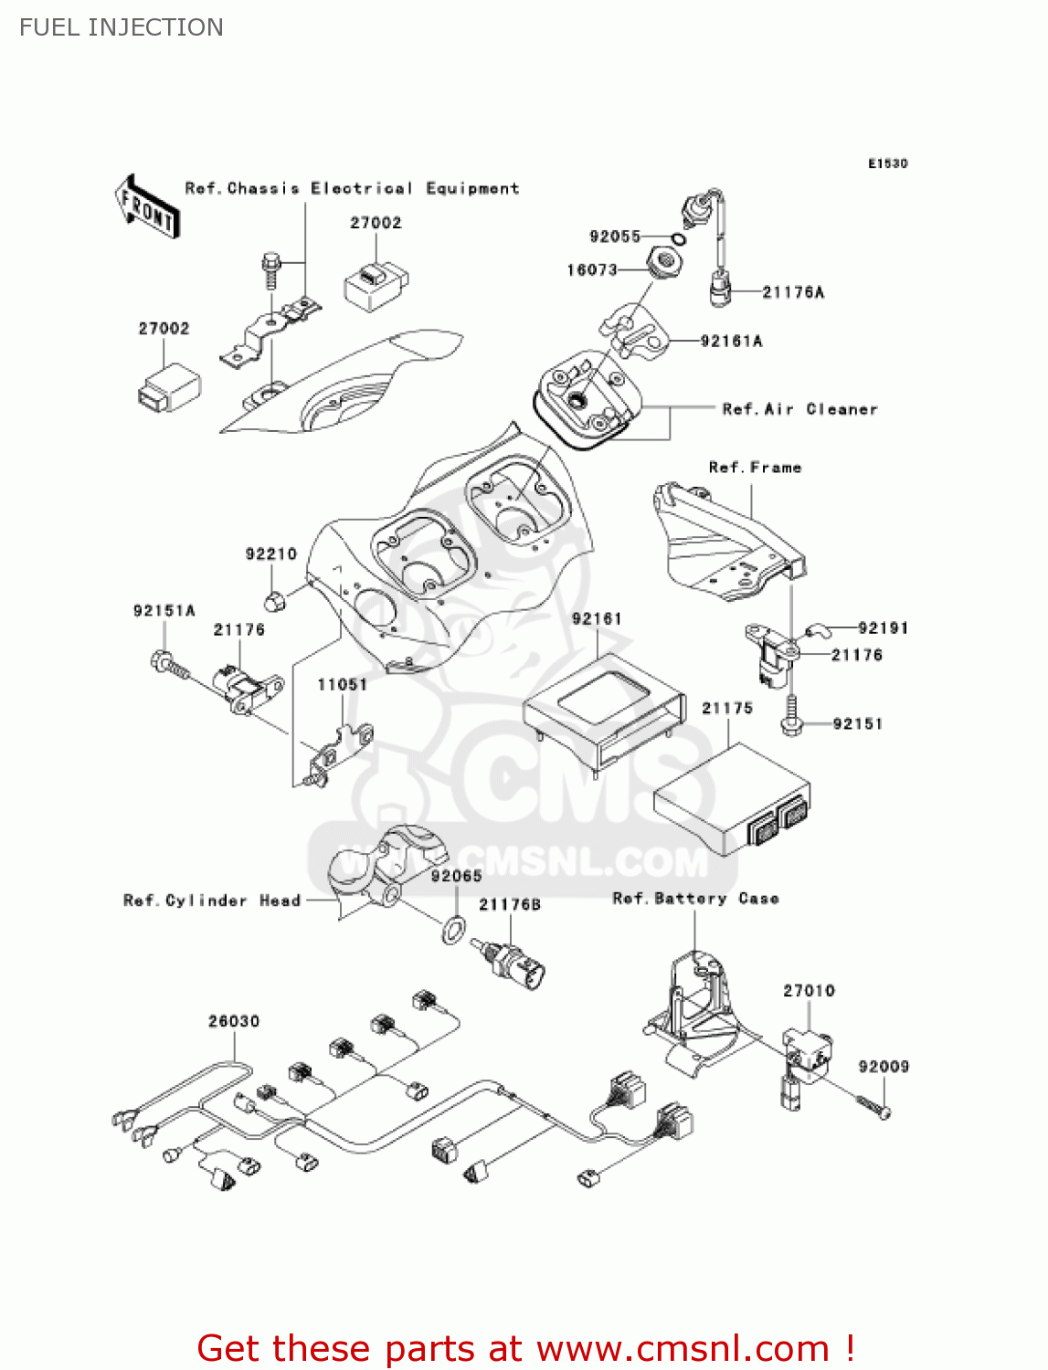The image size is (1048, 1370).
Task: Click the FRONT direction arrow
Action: point(147,207)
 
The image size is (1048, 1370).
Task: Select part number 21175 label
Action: point(726,708)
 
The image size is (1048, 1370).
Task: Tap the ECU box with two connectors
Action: point(731,799)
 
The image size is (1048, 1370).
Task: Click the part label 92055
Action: point(615,237)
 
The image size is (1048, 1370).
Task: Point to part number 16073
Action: point(592,269)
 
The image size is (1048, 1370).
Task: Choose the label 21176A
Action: point(792,292)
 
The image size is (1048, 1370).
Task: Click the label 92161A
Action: point(731,341)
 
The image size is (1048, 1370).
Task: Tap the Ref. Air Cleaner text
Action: point(799,409)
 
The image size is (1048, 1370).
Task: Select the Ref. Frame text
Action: point(755,468)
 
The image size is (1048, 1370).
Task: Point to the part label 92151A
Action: point(164,610)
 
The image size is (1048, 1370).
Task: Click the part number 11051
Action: point(342,684)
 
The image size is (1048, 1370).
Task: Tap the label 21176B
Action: point(510,904)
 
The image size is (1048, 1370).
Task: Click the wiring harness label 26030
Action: point(234,1021)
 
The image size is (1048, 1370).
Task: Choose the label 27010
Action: point(809,990)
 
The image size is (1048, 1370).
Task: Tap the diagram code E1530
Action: point(887,163)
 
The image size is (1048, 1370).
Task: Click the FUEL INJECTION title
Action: point(122,27)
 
